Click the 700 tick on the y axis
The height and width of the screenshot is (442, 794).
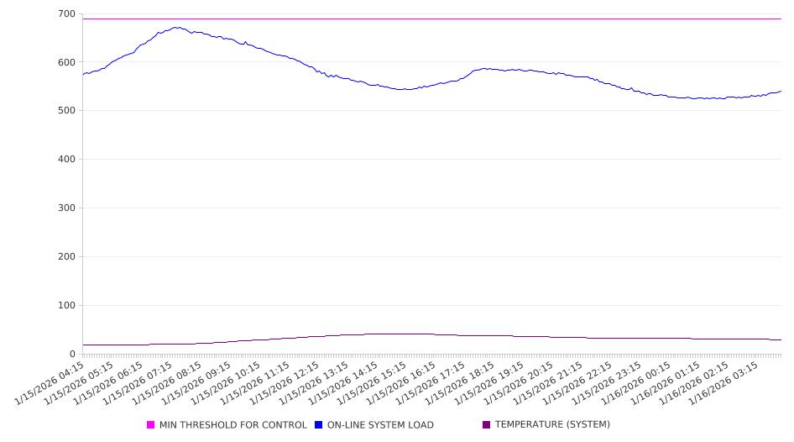66,14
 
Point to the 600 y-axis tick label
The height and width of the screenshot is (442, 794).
66,62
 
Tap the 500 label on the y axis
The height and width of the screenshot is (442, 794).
66,111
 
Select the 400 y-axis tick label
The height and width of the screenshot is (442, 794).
66,160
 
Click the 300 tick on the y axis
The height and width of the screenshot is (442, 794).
66,208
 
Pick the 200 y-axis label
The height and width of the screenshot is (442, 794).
66,257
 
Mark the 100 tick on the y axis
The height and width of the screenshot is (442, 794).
66,306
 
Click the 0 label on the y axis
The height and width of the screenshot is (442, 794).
73,354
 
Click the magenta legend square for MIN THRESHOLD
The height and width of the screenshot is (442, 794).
151,425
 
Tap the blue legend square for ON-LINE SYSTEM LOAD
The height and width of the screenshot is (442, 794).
319,425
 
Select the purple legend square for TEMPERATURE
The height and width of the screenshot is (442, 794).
487,425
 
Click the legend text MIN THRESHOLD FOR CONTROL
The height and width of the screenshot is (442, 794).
233,425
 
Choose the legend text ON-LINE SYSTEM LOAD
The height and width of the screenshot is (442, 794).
380,425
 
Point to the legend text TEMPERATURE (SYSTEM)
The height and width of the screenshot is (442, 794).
552,425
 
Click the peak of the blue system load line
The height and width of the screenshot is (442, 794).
176,27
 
